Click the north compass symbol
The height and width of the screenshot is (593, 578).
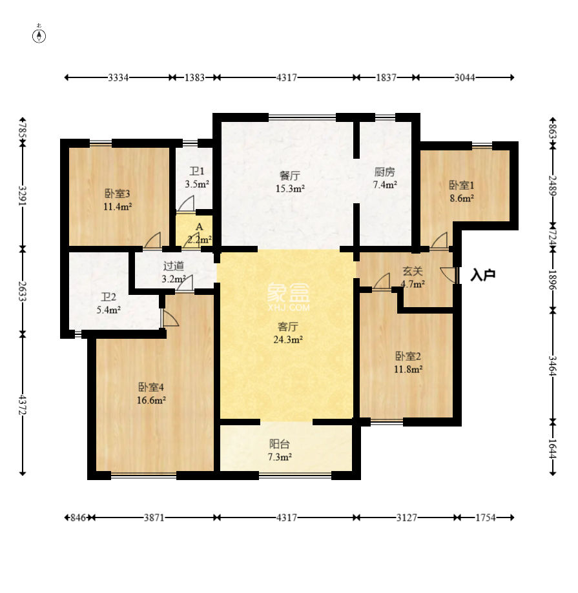pyautogui.click(x=39, y=34)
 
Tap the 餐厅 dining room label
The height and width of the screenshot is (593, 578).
pyautogui.click(x=289, y=176)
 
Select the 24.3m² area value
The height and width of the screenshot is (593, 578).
pyautogui.click(x=287, y=339)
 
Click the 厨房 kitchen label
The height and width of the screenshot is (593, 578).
pyautogui.click(x=384, y=172)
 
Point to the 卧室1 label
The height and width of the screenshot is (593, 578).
pyautogui.click(x=461, y=185)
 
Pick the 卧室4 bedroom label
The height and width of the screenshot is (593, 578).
pyautogui.click(x=150, y=387)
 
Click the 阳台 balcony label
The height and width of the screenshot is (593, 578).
pyautogui.click(x=280, y=444)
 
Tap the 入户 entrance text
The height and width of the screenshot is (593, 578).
pyautogui.click(x=483, y=275)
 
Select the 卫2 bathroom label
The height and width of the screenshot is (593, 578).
pyautogui.click(x=108, y=297)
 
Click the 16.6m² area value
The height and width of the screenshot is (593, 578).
pyautogui.click(x=151, y=400)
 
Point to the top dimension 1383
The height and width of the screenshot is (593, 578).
pyautogui.click(x=194, y=77)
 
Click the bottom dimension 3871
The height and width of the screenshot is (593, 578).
pyautogui.click(x=154, y=518)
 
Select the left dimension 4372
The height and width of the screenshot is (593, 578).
pyautogui.click(x=23, y=405)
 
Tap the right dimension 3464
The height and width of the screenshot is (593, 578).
pyautogui.click(x=553, y=366)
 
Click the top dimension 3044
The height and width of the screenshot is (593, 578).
pyautogui.click(x=464, y=77)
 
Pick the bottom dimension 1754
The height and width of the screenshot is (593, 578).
pyautogui.click(x=485, y=518)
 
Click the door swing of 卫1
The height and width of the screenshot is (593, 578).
pyautogui.click(x=186, y=203)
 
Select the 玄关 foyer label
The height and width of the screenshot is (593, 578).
pyautogui.click(x=412, y=271)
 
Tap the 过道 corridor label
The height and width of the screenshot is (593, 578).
pyautogui.click(x=173, y=266)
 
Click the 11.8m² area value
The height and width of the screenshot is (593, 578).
pyautogui.click(x=408, y=368)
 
